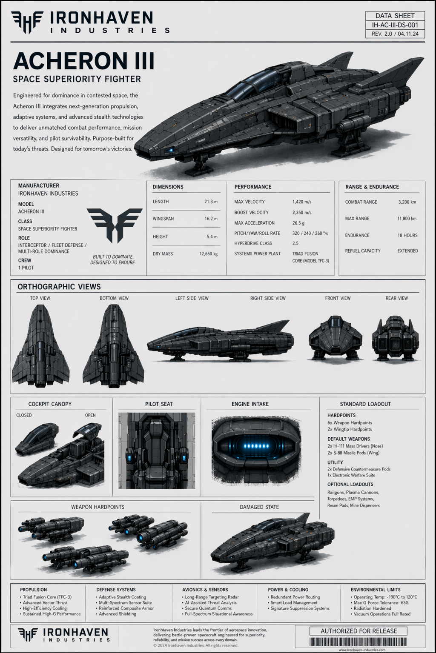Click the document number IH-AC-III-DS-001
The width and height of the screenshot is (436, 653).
pyautogui.click(x=395, y=25)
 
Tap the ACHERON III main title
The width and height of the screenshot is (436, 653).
pyautogui.click(x=83, y=61)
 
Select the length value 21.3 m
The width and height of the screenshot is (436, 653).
pyautogui.click(x=211, y=202)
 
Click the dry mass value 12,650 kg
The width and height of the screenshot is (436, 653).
pyautogui.click(x=208, y=254)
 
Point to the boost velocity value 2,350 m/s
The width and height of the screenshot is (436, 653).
pyautogui.click(x=302, y=212)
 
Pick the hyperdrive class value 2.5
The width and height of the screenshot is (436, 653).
pyautogui.click(x=295, y=243)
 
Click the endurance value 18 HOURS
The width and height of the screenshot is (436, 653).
pyautogui.click(x=407, y=235)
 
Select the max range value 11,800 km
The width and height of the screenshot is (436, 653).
pyautogui.click(x=407, y=219)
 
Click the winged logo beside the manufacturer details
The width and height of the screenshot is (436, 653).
pyautogui.click(x=114, y=225)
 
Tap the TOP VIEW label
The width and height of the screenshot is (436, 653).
pyautogui.click(x=40, y=298)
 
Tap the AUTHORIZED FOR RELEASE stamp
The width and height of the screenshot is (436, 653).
pyautogui.click(x=359, y=631)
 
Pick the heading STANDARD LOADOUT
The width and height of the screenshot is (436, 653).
pyautogui.click(x=365, y=404)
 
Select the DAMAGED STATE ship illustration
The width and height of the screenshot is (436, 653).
pyautogui.click(x=272, y=540)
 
